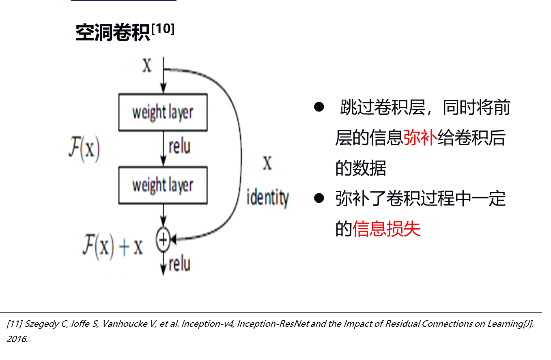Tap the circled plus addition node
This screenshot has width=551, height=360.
[x=163, y=240]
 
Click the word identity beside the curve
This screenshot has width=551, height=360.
[x=268, y=198]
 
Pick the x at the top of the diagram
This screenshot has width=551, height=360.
[x=147, y=65]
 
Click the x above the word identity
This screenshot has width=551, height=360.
[x=267, y=163]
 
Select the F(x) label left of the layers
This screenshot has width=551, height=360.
[x=84, y=149]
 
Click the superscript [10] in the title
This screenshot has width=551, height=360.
[x=163, y=29]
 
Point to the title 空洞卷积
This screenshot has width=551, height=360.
[x=113, y=32]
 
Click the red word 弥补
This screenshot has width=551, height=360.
[x=420, y=137]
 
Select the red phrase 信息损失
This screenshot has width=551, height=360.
[x=386, y=229]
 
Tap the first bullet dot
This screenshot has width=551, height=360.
[x=319, y=107]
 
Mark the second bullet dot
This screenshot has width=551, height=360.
[x=319, y=198]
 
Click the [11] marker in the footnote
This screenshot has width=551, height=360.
[x=15, y=324]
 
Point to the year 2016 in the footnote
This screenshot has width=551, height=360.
[x=17, y=339]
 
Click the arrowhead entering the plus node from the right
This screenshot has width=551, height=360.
[x=173, y=239]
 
